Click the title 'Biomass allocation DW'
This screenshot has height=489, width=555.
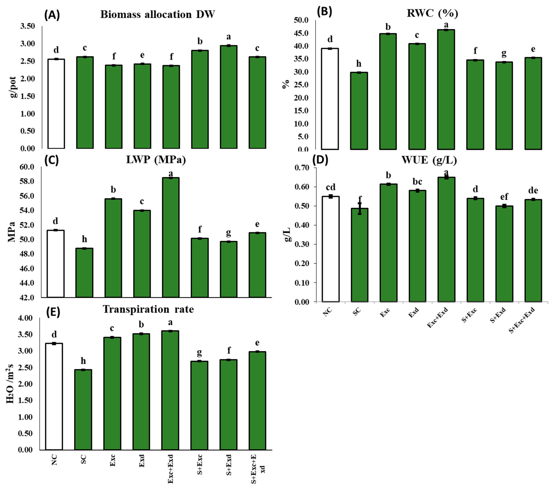(x=158, y=14)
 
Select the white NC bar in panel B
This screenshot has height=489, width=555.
(x=330, y=99)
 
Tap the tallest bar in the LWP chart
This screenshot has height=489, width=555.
(x=171, y=237)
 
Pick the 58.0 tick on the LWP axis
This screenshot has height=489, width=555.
(x=27, y=181)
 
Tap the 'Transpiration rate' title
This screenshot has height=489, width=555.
(x=148, y=309)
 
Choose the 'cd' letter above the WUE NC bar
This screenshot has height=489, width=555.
(x=330, y=187)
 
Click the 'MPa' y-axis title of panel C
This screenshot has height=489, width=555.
(x=11, y=232)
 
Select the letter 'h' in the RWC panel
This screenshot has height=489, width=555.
(x=359, y=64)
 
